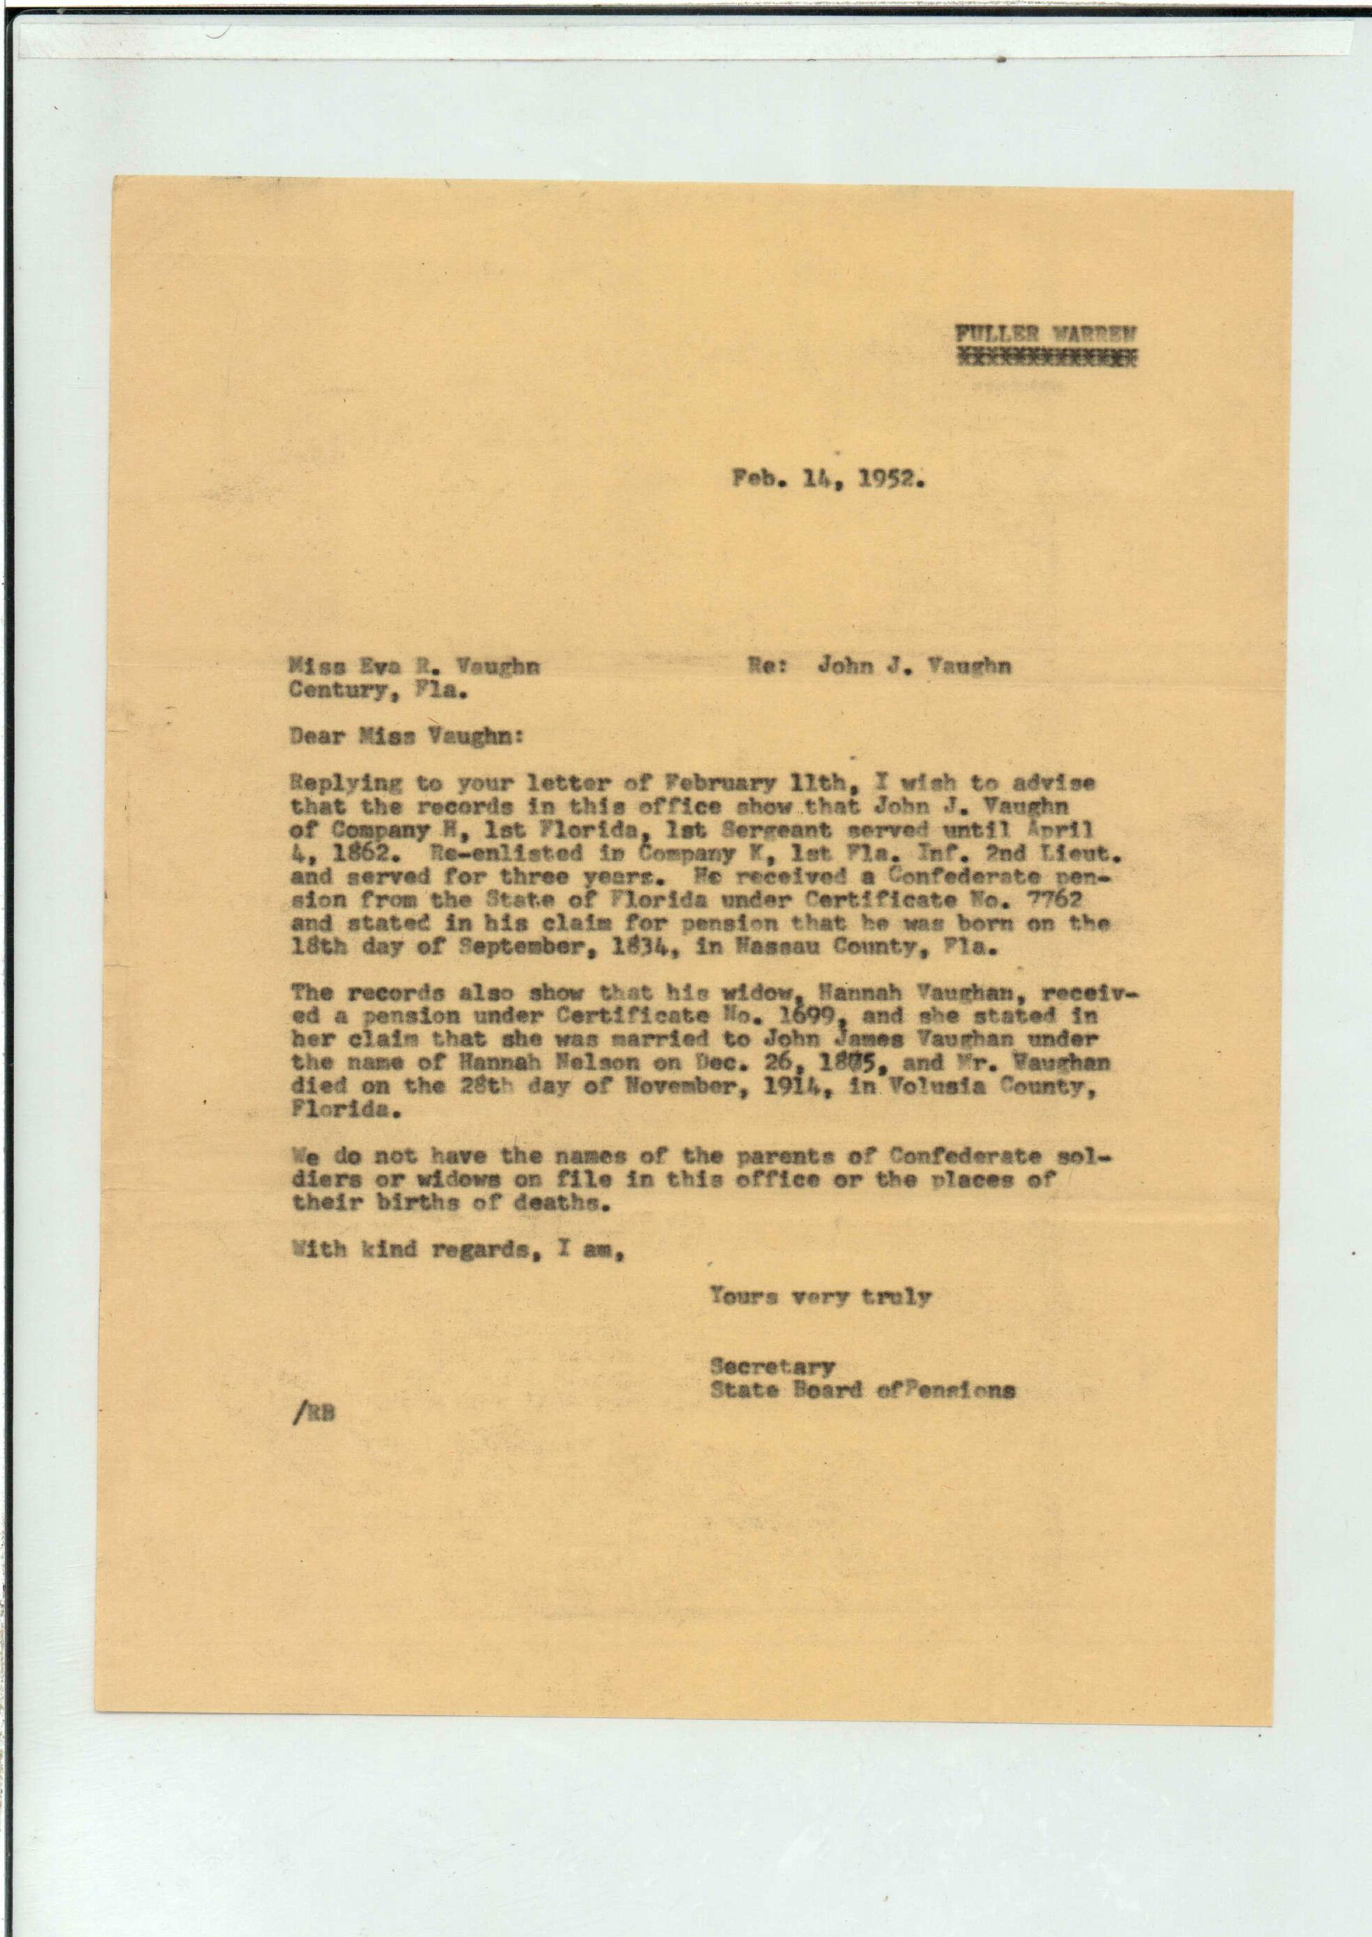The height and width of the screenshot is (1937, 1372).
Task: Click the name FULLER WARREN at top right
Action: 1045,334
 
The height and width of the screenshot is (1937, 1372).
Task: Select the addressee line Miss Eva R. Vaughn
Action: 414,667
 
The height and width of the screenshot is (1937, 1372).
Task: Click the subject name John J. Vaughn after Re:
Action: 914,667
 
